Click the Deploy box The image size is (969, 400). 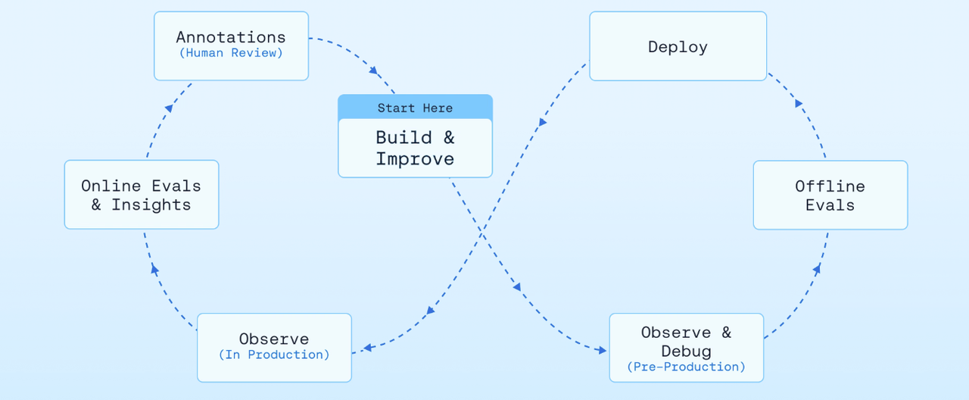678,46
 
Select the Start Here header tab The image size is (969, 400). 416,107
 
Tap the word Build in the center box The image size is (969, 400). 403,138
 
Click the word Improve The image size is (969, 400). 415,159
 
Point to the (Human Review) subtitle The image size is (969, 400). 231,53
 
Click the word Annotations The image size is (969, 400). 231,37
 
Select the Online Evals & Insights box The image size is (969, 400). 142,195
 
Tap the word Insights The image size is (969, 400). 151,205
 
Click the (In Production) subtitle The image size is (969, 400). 274,355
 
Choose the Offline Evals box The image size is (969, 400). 830,195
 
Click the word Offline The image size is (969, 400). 830,186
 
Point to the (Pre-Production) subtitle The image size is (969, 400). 687,367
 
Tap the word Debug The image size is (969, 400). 687,351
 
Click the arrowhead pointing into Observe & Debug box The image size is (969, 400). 601,350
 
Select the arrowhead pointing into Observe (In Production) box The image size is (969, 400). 368,347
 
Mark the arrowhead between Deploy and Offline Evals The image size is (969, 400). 799,103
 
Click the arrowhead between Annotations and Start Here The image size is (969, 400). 373,70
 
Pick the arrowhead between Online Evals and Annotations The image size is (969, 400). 169,108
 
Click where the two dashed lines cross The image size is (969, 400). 482,234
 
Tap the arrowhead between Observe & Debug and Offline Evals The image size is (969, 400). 817,269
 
